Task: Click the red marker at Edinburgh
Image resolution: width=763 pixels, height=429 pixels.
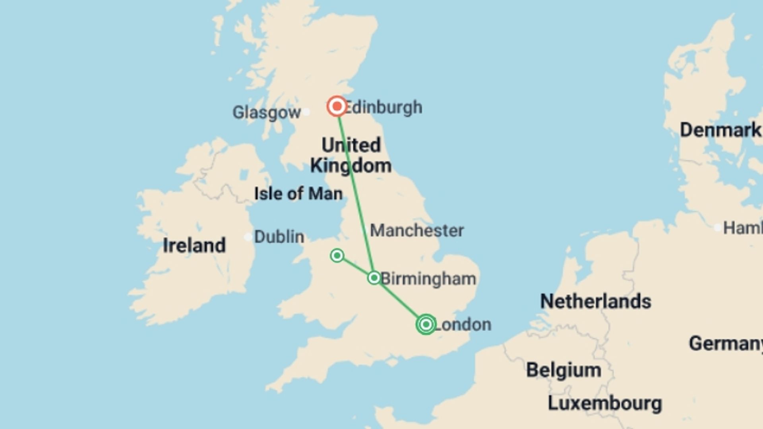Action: pos(337,106)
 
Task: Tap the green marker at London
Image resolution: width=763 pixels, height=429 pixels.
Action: pos(426,324)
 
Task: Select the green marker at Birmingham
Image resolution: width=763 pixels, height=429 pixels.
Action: pos(374,278)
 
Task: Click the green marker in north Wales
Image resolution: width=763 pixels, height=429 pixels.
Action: pos(337,255)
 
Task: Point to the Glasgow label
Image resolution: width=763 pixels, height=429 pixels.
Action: pos(266,112)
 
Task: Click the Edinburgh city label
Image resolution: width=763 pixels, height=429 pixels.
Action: pos(383,107)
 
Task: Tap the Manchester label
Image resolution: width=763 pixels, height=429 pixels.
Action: pos(417,230)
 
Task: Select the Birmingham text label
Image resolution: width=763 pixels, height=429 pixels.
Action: pos(428,279)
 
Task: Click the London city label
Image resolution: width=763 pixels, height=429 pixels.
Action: pos(463,325)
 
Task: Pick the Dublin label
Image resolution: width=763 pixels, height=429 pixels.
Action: pos(279,237)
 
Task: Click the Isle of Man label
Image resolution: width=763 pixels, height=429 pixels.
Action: pos(298,194)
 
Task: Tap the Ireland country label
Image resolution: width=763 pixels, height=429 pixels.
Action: pos(194,245)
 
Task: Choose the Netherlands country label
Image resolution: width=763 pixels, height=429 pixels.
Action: pos(595,301)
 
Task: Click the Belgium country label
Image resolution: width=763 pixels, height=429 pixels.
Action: pos(564,370)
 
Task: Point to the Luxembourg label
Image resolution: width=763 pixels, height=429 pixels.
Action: pos(605,403)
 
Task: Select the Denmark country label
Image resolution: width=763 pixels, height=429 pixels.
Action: pos(720,130)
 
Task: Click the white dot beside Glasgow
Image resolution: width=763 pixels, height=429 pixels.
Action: pos(306,112)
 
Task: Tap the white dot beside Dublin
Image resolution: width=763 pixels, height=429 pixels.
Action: pos(248,237)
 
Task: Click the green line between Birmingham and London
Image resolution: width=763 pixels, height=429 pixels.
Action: pos(399,301)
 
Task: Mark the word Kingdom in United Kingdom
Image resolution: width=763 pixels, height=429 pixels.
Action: pos(351,165)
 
